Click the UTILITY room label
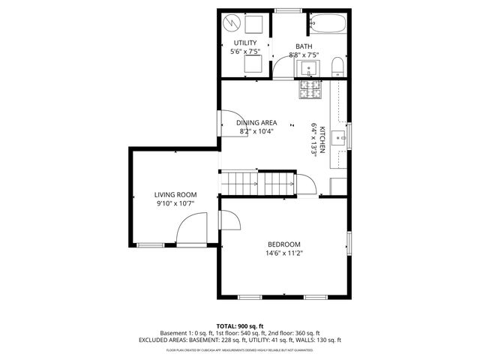click(x=245, y=43)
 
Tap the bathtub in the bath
click(x=327, y=23)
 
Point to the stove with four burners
click(x=310, y=91)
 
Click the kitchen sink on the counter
click(x=340, y=136)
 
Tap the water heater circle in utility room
click(x=233, y=22)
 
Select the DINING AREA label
click(x=256, y=122)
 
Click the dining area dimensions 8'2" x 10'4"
click(x=256, y=131)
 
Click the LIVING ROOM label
click(x=175, y=194)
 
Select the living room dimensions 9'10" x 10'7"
click(x=175, y=203)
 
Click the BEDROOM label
click(x=284, y=244)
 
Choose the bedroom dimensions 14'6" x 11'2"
click(x=284, y=253)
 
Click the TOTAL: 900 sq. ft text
click(x=239, y=326)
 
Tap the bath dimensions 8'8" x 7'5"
click(x=304, y=55)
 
